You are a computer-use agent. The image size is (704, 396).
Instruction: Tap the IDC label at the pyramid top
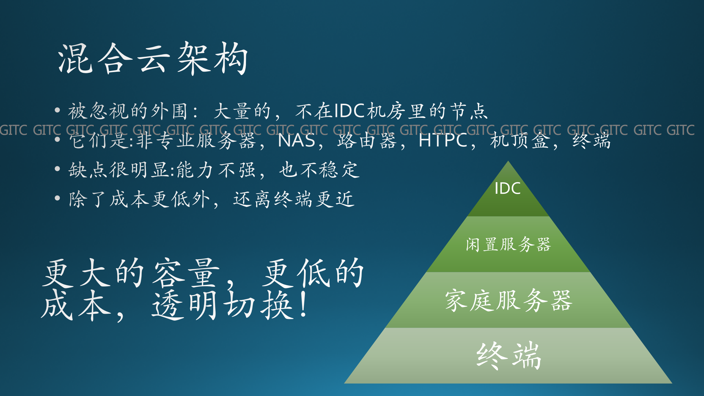508,189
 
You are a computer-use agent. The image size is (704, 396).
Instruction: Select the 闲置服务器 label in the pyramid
508,244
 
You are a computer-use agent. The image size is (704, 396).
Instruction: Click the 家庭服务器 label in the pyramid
508,300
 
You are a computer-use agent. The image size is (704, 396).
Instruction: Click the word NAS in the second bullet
296,141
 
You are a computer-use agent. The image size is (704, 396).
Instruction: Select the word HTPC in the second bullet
443,141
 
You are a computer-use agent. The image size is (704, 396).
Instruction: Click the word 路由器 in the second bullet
367,141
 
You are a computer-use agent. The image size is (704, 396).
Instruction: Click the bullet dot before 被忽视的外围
57,110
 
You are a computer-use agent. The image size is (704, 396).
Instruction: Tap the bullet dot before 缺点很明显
57,169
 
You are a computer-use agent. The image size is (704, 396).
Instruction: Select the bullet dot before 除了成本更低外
57,198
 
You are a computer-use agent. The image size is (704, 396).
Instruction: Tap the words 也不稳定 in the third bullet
319,170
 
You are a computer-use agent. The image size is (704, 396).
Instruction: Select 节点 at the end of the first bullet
469,111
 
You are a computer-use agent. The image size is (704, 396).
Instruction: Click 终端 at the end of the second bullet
591,141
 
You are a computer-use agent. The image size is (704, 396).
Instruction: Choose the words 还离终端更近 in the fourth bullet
294,199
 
